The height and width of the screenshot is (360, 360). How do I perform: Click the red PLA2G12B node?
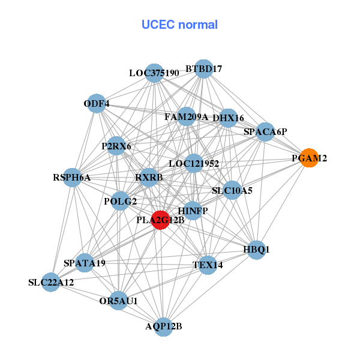pos(160,220)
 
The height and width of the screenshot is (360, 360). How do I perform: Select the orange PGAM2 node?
pos(308,158)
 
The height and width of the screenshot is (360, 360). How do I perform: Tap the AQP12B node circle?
pos(164,326)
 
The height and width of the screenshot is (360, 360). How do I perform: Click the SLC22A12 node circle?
pos(51,282)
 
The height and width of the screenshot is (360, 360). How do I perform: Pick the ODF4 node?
pos(96,104)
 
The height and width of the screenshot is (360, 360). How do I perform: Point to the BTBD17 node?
pos(204,69)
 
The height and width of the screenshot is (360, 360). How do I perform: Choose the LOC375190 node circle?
pos(155,73)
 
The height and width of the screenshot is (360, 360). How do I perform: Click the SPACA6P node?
pos(265,131)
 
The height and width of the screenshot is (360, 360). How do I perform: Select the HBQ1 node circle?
pos(257,249)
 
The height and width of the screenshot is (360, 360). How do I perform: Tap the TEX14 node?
pos(208,265)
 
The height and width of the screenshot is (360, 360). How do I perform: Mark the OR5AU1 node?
pos(118,301)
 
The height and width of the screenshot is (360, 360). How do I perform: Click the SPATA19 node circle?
pos(85,262)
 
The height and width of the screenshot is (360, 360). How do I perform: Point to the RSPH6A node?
pos(72,177)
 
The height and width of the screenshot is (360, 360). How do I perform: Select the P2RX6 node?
pos(116,146)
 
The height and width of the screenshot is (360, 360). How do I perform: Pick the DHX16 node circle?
pos(228,118)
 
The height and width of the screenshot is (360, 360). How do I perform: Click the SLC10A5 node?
pos(232,191)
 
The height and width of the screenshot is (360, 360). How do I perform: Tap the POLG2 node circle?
pos(121,201)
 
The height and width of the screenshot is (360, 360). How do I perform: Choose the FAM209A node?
pos(186,116)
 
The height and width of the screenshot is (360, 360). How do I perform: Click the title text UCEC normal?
pos(179,25)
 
